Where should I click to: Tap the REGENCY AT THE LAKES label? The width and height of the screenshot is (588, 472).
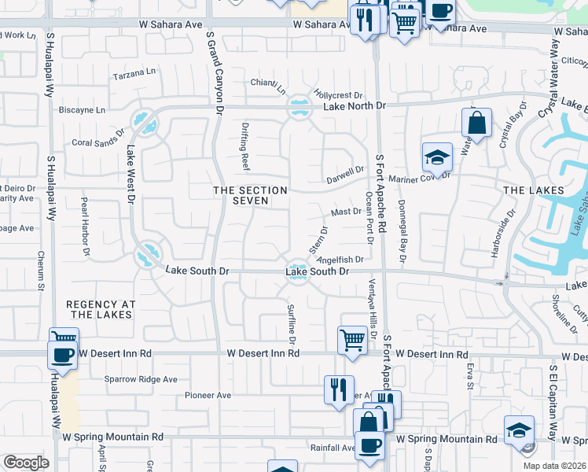(101, 309)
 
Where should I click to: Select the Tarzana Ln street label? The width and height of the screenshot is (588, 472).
(135, 74)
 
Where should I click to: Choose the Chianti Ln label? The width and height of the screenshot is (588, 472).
(268, 83)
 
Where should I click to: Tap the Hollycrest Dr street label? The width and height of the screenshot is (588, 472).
(336, 94)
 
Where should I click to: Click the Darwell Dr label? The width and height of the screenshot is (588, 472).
(346, 169)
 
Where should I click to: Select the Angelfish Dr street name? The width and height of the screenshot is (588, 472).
(340, 259)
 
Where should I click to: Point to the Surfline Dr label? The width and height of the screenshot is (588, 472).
(290, 324)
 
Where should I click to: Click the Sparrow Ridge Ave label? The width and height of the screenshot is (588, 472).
(141, 379)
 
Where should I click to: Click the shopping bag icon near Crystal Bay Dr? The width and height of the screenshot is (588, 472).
(476, 123)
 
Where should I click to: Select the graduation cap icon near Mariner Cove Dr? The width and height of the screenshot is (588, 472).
(437, 157)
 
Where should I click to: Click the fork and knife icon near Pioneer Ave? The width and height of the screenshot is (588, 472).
(339, 389)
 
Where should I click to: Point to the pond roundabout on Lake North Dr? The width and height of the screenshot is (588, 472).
(299, 108)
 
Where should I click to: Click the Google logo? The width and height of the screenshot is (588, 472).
(27, 463)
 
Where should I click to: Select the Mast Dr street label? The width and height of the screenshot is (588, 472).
(346, 212)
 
